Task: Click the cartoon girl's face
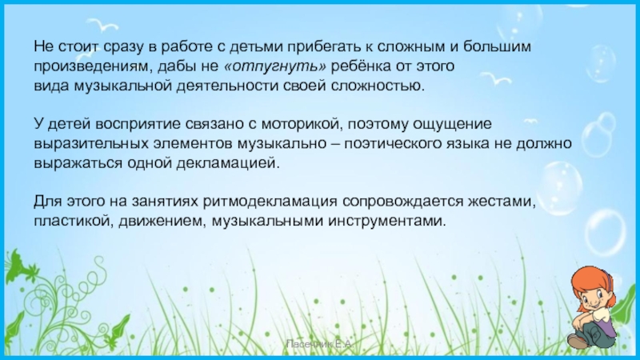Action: click(x=590, y=296)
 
